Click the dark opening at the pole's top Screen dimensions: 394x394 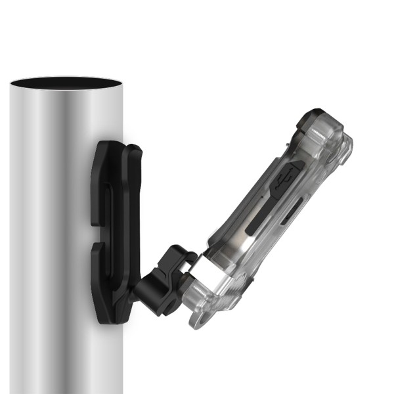tap(66, 84)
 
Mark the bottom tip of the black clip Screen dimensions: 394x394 tap(105, 320)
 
